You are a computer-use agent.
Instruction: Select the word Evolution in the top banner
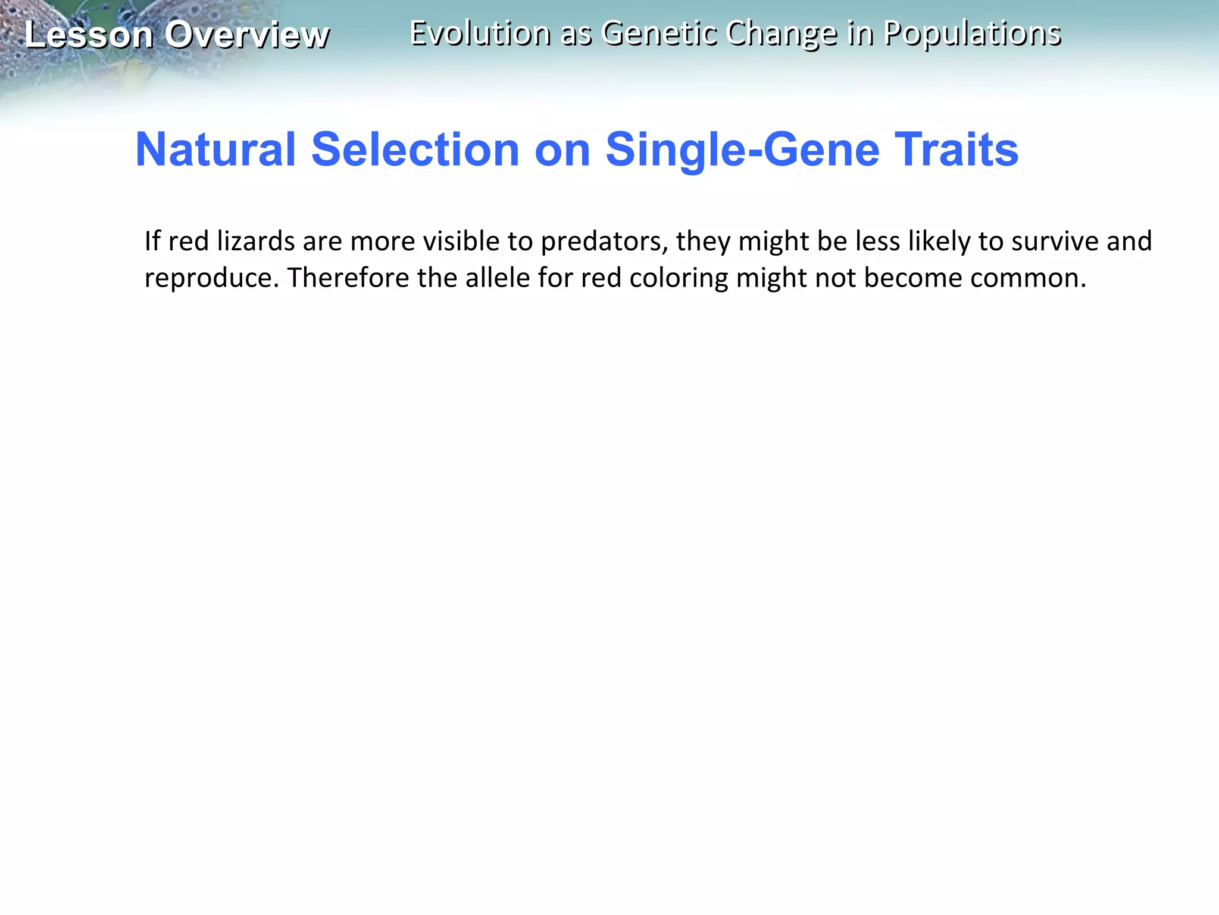coord(480,33)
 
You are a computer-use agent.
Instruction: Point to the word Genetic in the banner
coord(657,33)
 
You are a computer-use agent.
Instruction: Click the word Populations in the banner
coord(972,33)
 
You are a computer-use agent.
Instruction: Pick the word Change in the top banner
coord(782,33)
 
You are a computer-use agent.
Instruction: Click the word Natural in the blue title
coord(215,149)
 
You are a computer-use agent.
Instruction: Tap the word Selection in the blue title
coord(415,149)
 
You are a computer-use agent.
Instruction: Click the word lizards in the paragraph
coord(256,241)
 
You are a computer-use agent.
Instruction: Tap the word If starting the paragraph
coord(152,241)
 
